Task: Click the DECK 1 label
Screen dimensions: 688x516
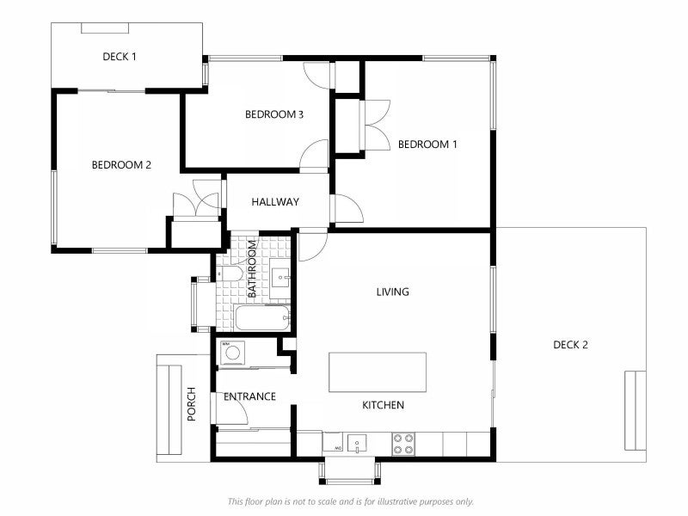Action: click(120, 57)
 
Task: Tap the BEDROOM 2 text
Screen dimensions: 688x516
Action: click(121, 165)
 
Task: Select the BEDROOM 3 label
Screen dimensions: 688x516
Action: click(274, 114)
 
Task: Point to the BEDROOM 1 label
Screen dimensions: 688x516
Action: click(427, 144)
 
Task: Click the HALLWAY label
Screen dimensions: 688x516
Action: click(275, 202)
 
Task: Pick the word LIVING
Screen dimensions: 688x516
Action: click(393, 292)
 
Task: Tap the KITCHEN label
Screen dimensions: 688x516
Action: click(383, 405)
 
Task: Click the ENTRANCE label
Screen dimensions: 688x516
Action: click(249, 396)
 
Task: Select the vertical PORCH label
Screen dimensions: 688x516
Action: click(192, 404)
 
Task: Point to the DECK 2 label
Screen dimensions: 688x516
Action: click(570, 345)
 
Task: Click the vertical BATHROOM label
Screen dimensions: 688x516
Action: click(252, 268)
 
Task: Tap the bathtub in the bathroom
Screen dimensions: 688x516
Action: click(262, 318)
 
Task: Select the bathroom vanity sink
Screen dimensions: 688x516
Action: click(279, 278)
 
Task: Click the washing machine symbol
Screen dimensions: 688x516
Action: click(232, 353)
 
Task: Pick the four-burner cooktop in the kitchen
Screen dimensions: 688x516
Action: click(403, 444)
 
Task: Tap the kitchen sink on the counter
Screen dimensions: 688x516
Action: click(357, 443)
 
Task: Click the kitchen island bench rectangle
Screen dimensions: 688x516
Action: click(378, 372)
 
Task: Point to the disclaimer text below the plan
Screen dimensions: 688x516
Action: click(351, 501)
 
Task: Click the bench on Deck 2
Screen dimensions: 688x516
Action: click(635, 411)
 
